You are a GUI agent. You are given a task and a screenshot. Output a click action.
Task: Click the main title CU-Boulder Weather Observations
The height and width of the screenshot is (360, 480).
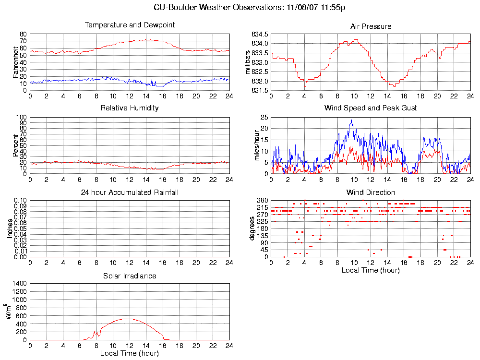250,8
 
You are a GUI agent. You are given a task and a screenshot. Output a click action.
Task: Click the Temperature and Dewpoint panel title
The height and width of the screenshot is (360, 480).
130,25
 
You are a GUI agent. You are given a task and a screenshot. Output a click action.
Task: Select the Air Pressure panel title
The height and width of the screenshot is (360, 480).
371,26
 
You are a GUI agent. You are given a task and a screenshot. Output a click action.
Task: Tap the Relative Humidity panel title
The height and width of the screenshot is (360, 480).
130,108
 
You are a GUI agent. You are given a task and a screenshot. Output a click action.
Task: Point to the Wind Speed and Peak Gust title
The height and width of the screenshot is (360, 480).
371,108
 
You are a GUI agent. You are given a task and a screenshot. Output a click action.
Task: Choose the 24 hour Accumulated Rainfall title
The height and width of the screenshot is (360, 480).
130,192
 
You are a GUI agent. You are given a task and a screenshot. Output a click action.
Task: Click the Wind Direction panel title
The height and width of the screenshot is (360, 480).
371,192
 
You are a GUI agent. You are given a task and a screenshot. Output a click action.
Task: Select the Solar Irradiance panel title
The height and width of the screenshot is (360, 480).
130,276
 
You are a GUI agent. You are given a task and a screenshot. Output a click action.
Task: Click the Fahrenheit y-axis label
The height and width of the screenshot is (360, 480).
15,62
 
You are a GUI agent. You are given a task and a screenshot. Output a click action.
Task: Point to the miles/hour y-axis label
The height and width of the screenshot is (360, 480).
257,145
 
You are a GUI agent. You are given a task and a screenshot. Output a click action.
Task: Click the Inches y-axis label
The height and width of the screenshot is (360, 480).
10,228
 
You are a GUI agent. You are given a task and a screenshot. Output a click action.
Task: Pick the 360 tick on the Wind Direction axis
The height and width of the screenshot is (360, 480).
262,200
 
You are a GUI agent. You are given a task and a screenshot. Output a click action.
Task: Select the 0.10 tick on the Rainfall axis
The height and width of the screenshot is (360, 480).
20,200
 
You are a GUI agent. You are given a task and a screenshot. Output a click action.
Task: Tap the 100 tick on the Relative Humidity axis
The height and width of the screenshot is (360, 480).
21,117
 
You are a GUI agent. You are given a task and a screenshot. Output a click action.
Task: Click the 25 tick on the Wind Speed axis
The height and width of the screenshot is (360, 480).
264,117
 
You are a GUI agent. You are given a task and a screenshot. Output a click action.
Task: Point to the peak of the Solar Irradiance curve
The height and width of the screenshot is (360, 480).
126,318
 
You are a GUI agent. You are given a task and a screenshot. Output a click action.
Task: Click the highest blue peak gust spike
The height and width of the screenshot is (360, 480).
351,120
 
